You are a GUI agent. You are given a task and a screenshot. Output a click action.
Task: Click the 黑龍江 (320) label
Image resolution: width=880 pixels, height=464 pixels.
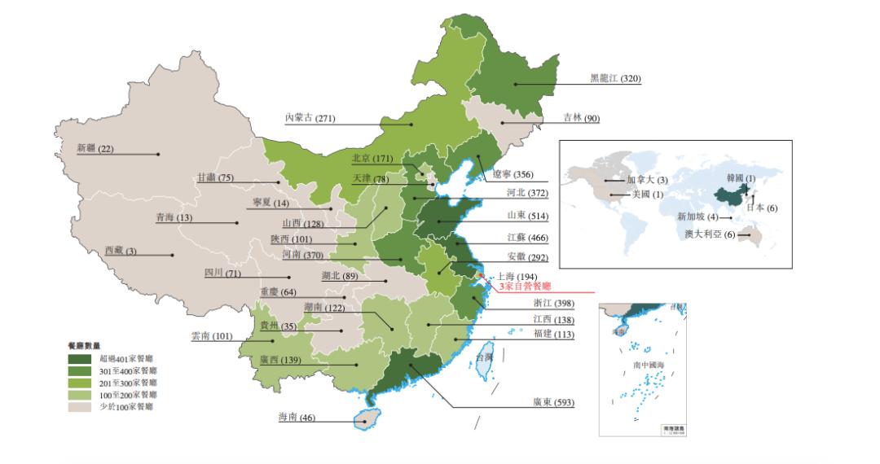(615, 79)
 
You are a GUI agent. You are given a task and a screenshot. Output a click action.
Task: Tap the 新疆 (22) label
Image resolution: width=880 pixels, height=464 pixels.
(95, 148)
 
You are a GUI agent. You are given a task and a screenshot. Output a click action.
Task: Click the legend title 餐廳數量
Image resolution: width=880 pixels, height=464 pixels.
(84, 345)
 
